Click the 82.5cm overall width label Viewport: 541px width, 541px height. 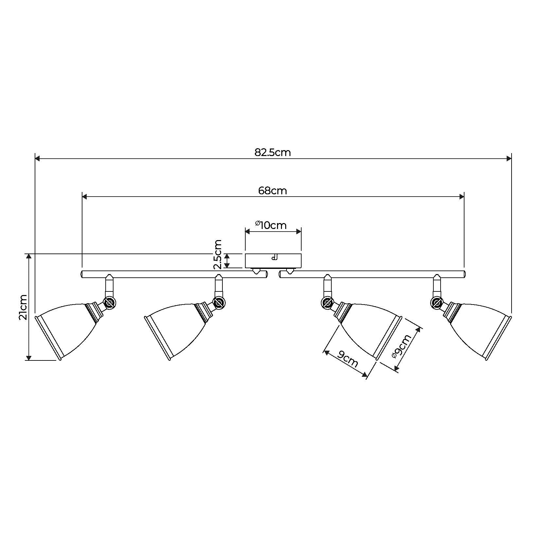(272, 152)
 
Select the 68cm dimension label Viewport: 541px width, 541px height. (272, 190)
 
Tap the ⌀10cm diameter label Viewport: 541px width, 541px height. (271, 225)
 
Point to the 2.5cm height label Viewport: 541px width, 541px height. (218, 254)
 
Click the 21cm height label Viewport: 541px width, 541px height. (23, 307)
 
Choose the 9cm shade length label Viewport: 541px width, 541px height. (348, 358)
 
